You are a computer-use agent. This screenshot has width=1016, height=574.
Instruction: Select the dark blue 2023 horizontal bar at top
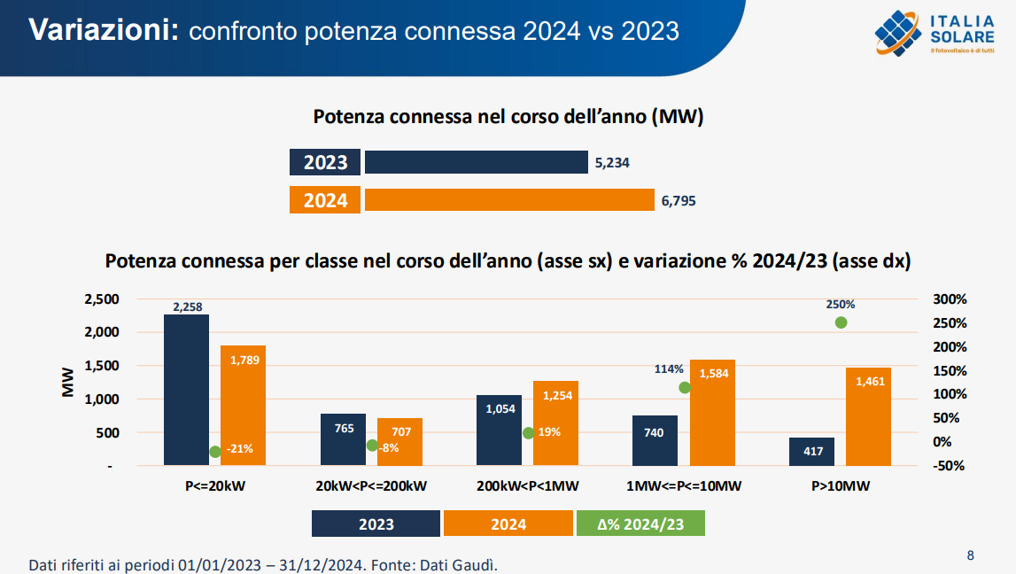click(477, 162)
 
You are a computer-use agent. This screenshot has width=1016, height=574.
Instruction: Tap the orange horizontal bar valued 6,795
click(509, 200)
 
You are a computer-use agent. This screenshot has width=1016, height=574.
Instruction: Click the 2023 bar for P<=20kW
click(187, 390)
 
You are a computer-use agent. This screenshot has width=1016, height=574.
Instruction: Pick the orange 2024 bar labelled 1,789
click(243, 405)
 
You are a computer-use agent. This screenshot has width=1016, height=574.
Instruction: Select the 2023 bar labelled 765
click(343, 439)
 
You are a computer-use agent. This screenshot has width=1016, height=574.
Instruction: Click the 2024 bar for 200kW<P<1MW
click(555, 423)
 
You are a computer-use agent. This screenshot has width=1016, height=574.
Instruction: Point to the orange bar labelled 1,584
click(712, 412)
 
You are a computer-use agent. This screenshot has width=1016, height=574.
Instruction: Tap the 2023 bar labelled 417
click(811, 451)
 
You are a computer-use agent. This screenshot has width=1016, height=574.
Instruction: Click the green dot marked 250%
click(841, 322)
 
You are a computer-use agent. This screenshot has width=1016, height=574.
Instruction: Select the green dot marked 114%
click(684, 387)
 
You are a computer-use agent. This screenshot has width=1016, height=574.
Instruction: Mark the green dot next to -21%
click(214, 452)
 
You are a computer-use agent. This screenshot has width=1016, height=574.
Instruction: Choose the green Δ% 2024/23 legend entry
click(640, 524)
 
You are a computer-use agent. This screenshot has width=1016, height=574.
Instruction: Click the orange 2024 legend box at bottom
click(508, 524)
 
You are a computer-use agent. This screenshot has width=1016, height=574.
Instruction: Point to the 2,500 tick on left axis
click(101, 299)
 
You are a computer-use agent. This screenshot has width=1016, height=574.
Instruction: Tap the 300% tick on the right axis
click(950, 299)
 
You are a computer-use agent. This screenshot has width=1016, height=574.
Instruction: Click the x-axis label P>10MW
click(841, 486)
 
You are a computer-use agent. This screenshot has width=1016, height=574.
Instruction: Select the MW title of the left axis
click(67, 383)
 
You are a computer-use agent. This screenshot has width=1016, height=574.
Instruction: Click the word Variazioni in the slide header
click(105, 30)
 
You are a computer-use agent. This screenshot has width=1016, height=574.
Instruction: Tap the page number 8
click(970, 555)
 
